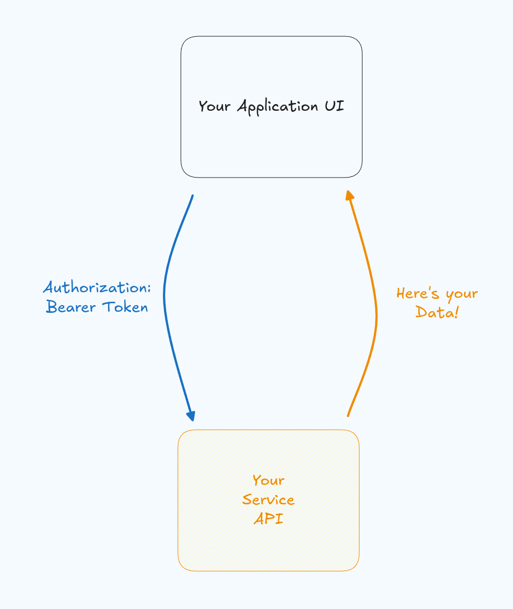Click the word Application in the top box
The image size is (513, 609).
click(279, 106)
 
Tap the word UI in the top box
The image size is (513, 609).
click(335, 105)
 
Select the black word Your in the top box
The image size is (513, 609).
click(215, 106)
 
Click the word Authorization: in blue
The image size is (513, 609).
click(97, 288)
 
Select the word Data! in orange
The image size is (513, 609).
click(437, 312)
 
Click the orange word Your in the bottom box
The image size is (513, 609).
click(268, 480)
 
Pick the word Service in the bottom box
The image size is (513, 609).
click(268, 499)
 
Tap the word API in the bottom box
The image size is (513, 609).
click(268, 518)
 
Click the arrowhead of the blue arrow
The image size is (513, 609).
click(191, 416)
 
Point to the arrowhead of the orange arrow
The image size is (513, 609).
click(349, 195)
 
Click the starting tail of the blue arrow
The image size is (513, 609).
click(192, 196)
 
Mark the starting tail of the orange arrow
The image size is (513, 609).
click(348, 415)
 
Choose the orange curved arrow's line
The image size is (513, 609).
click(376, 317)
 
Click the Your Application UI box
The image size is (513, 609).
click(272, 145)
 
